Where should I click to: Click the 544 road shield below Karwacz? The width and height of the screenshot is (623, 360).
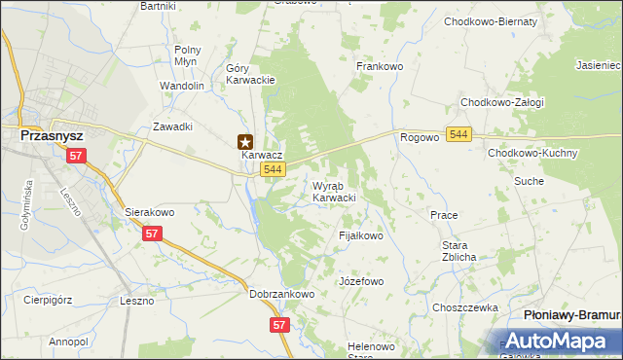click(273, 170)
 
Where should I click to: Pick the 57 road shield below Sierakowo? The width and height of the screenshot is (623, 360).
click(152, 234)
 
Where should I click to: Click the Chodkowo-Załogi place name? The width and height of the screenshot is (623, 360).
click(501, 102)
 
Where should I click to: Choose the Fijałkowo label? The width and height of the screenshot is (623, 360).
click(361, 235)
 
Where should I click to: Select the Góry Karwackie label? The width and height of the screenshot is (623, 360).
click(251, 74)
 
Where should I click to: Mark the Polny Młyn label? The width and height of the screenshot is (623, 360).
click(187, 54)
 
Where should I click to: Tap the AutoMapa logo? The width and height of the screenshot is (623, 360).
click(559, 342)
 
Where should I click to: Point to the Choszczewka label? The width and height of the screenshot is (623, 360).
click(465, 306)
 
